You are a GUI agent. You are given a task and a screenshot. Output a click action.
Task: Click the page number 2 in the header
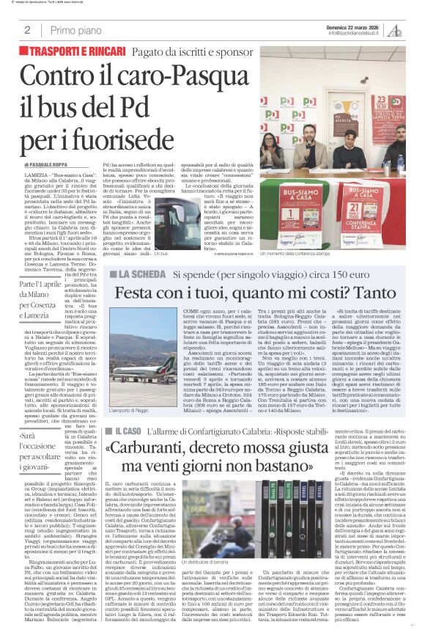tap(27, 30)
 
